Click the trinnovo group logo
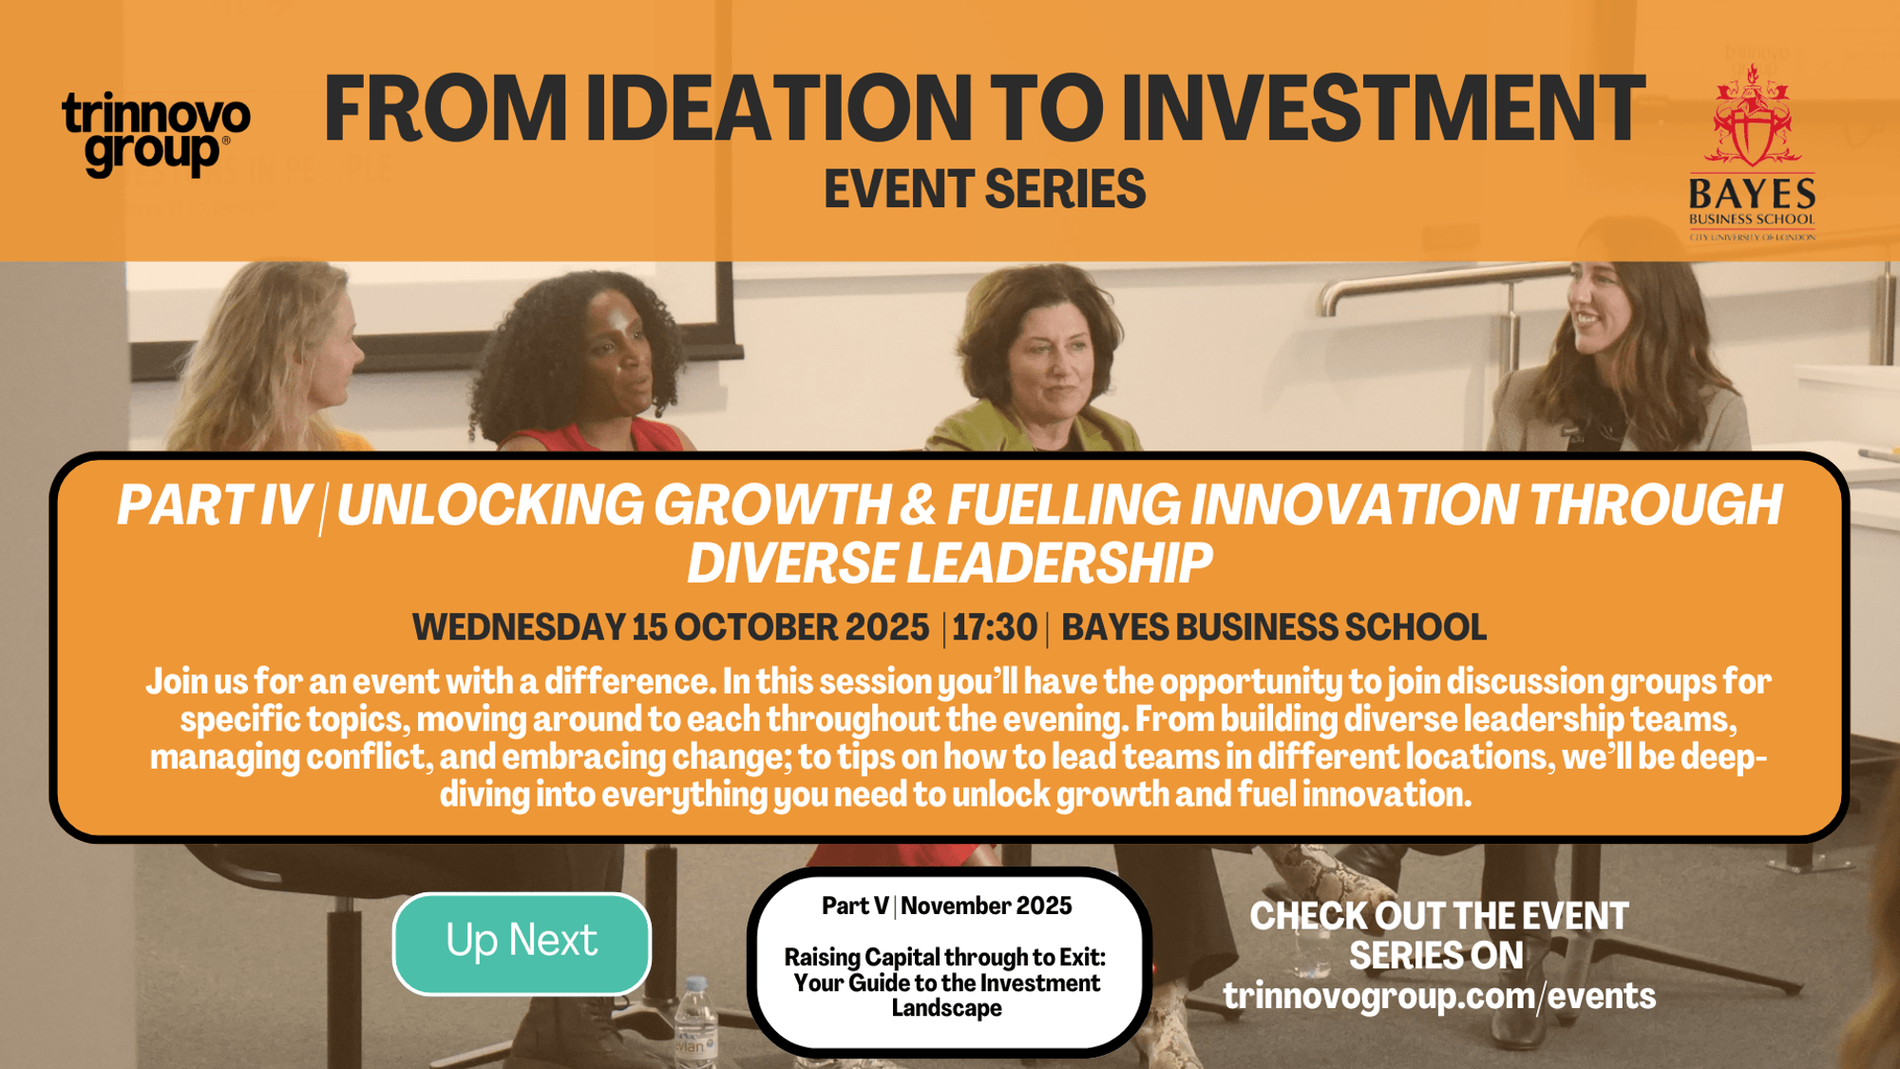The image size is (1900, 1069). click(156, 134)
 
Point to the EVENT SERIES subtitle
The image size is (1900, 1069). click(985, 188)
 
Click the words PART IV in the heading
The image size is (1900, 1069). click(214, 505)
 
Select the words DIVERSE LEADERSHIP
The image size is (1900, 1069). click(950, 563)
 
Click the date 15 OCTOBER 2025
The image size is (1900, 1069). click(780, 627)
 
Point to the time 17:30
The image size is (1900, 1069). click(995, 627)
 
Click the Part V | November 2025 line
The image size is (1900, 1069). click(947, 906)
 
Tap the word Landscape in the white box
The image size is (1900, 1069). click(947, 1008)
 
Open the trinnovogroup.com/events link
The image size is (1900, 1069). click(1439, 996)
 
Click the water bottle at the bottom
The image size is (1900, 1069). click(695, 1022)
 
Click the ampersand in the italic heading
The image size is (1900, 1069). click(918, 505)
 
